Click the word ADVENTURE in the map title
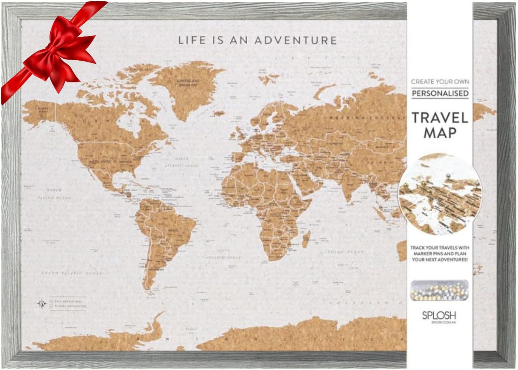coord(295,40)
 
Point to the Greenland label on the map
coord(193,82)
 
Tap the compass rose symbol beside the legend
coord(41,304)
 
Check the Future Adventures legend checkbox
coord(51,306)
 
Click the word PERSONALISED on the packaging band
coord(440,93)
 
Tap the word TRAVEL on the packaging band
coord(440,117)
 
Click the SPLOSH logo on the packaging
coord(439,315)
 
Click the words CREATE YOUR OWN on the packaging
coord(440,81)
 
